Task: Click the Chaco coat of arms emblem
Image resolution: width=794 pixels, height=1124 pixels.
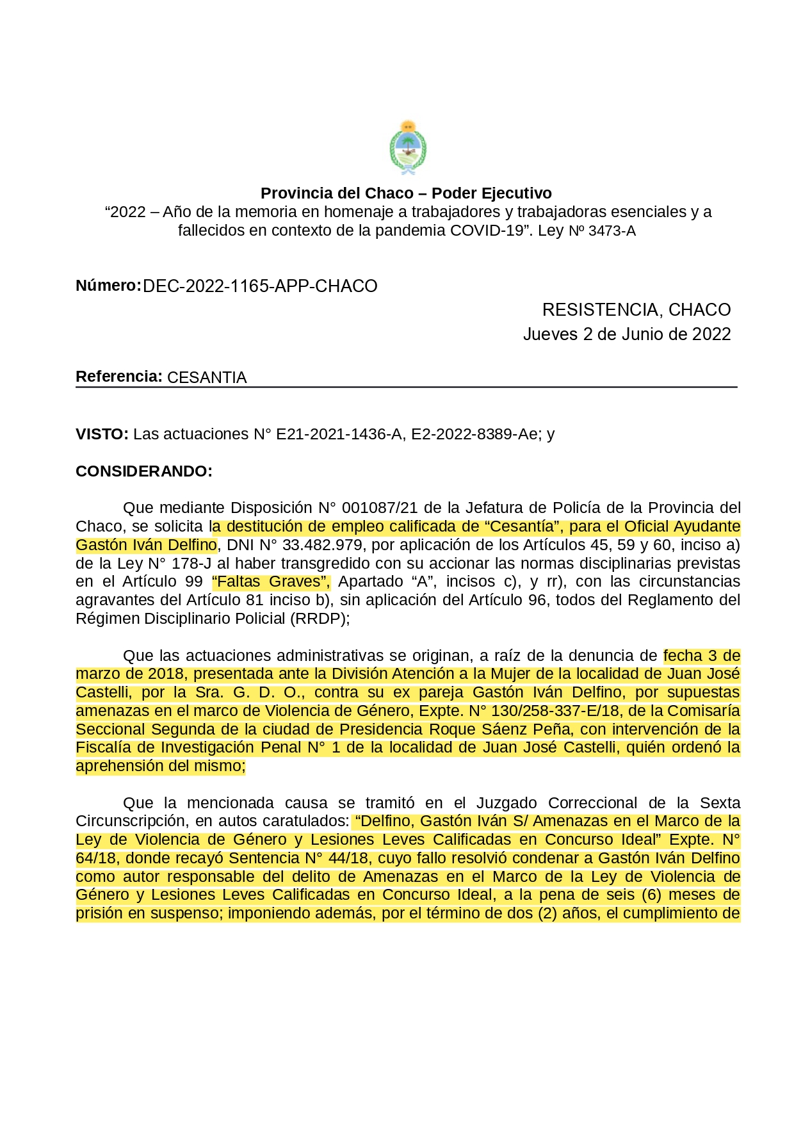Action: pos(408,148)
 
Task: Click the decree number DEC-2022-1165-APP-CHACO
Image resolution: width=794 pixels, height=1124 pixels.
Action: pos(260,286)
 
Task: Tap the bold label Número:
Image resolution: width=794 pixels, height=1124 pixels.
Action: pos(108,286)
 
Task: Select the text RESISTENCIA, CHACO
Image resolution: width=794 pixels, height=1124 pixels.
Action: pos(636,310)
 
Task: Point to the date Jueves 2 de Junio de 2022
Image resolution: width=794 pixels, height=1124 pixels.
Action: pos(626,334)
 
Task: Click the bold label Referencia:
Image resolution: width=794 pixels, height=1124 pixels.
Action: pos(118,377)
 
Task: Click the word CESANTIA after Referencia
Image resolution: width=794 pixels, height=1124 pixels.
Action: pos(207,378)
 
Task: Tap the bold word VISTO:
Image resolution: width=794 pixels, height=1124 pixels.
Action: pos(102,434)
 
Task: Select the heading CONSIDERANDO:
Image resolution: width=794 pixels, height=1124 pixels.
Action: pos(143,471)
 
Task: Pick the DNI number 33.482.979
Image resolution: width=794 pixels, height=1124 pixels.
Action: pos(322,545)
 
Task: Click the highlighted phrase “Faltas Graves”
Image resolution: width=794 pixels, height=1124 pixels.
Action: pos(271,582)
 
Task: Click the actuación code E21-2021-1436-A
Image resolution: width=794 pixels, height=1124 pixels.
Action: pos(339,434)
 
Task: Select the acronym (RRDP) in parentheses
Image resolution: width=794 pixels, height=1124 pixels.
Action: pos(318,619)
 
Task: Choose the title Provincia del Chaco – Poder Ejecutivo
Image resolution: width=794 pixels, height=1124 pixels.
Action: pos(406,193)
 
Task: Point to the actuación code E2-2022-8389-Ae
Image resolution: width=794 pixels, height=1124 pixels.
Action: pos(474,434)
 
